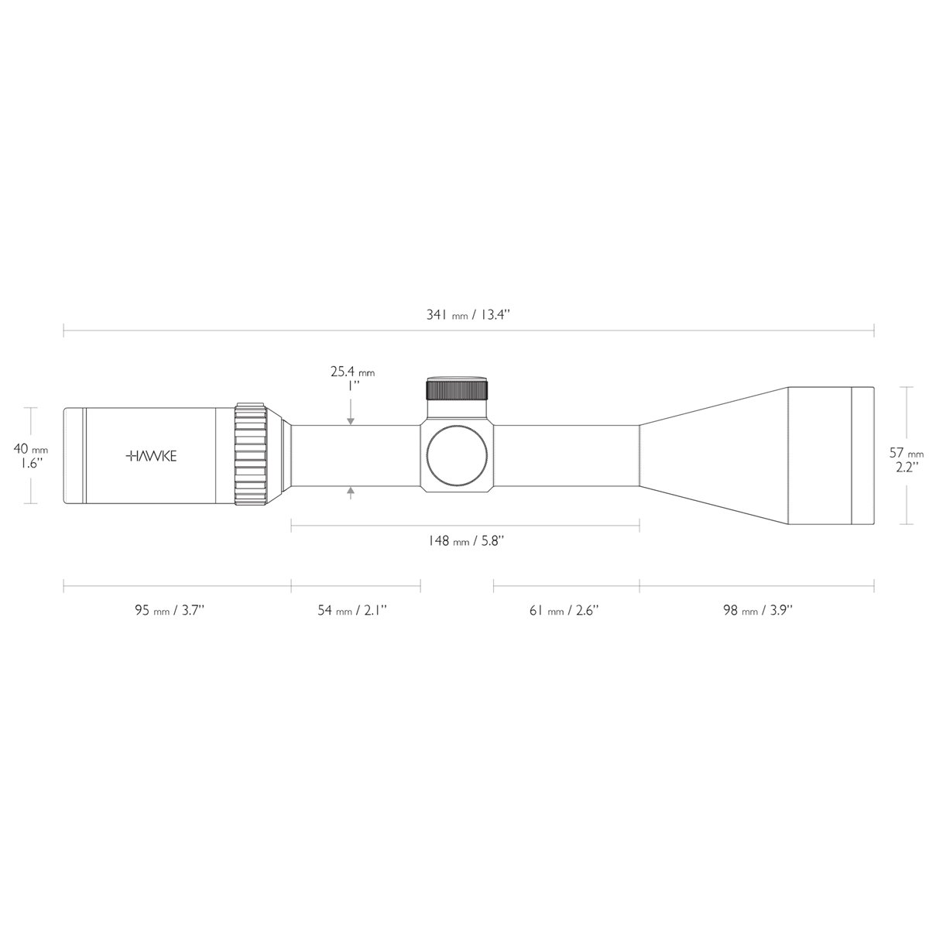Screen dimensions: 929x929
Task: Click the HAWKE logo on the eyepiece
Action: pos(151,456)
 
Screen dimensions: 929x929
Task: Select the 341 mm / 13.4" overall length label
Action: pos(468,315)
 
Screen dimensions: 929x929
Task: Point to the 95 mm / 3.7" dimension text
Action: pos(170,610)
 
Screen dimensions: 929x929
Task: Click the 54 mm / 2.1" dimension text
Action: pos(352,610)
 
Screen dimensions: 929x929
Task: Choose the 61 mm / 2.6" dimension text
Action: pos(564,610)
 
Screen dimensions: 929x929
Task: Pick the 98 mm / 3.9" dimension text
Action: pos(757,610)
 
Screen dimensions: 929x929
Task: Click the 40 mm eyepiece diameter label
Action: pos(31,448)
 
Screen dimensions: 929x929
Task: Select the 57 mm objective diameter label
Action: pos(907,453)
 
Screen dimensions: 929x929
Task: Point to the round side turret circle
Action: pos(458,456)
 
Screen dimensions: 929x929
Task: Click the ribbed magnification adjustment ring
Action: pos(252,455)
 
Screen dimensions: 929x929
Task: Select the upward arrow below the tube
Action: pos(351,491)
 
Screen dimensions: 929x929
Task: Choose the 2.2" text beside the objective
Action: pos(907,467)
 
